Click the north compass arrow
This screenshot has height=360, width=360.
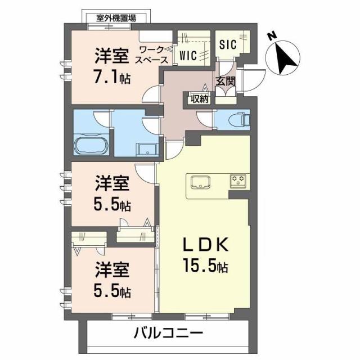point(286,58)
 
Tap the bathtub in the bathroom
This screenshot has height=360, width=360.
point(91,145)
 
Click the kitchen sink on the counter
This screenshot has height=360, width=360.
point(200,183)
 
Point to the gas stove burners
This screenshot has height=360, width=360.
point(238,181)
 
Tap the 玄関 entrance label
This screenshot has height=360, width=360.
point(226,82)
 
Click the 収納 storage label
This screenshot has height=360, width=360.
point(199,99)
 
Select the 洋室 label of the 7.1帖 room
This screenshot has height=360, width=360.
point(111,56)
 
